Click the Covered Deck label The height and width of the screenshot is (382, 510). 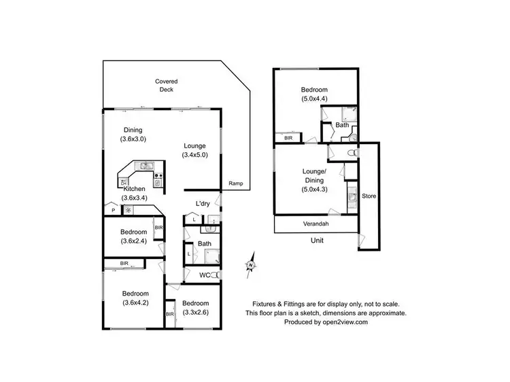pos(166,85)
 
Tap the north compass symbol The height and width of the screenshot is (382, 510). pos(250,264)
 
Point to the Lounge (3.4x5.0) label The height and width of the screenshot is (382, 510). pos(194,150)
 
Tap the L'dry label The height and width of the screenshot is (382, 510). pos(202,203)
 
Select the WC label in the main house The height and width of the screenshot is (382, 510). pos(203,275)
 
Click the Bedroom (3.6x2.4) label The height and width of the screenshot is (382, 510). pos(133,236)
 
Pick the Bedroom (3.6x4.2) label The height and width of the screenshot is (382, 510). pos(136,298)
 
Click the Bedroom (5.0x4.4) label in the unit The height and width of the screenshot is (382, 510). pos(314,94)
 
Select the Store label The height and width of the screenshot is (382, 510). pos(369,196)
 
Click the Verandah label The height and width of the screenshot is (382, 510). pos(316,224)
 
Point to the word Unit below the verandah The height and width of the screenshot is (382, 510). pos(317,241)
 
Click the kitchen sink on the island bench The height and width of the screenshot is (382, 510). pos(145,166)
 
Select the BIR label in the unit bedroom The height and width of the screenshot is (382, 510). pos(288,138)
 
